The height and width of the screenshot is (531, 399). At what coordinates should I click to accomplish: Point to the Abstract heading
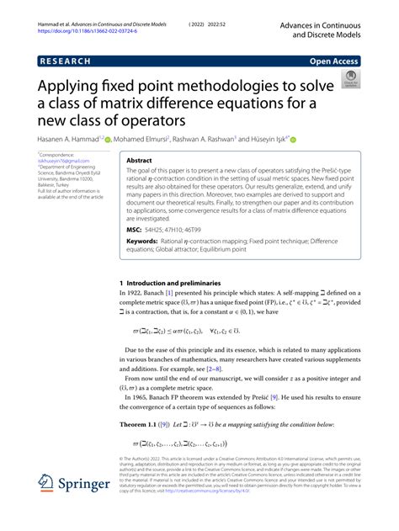[139, 160]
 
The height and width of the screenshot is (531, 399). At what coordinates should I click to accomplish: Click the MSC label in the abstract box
[136, 230]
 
